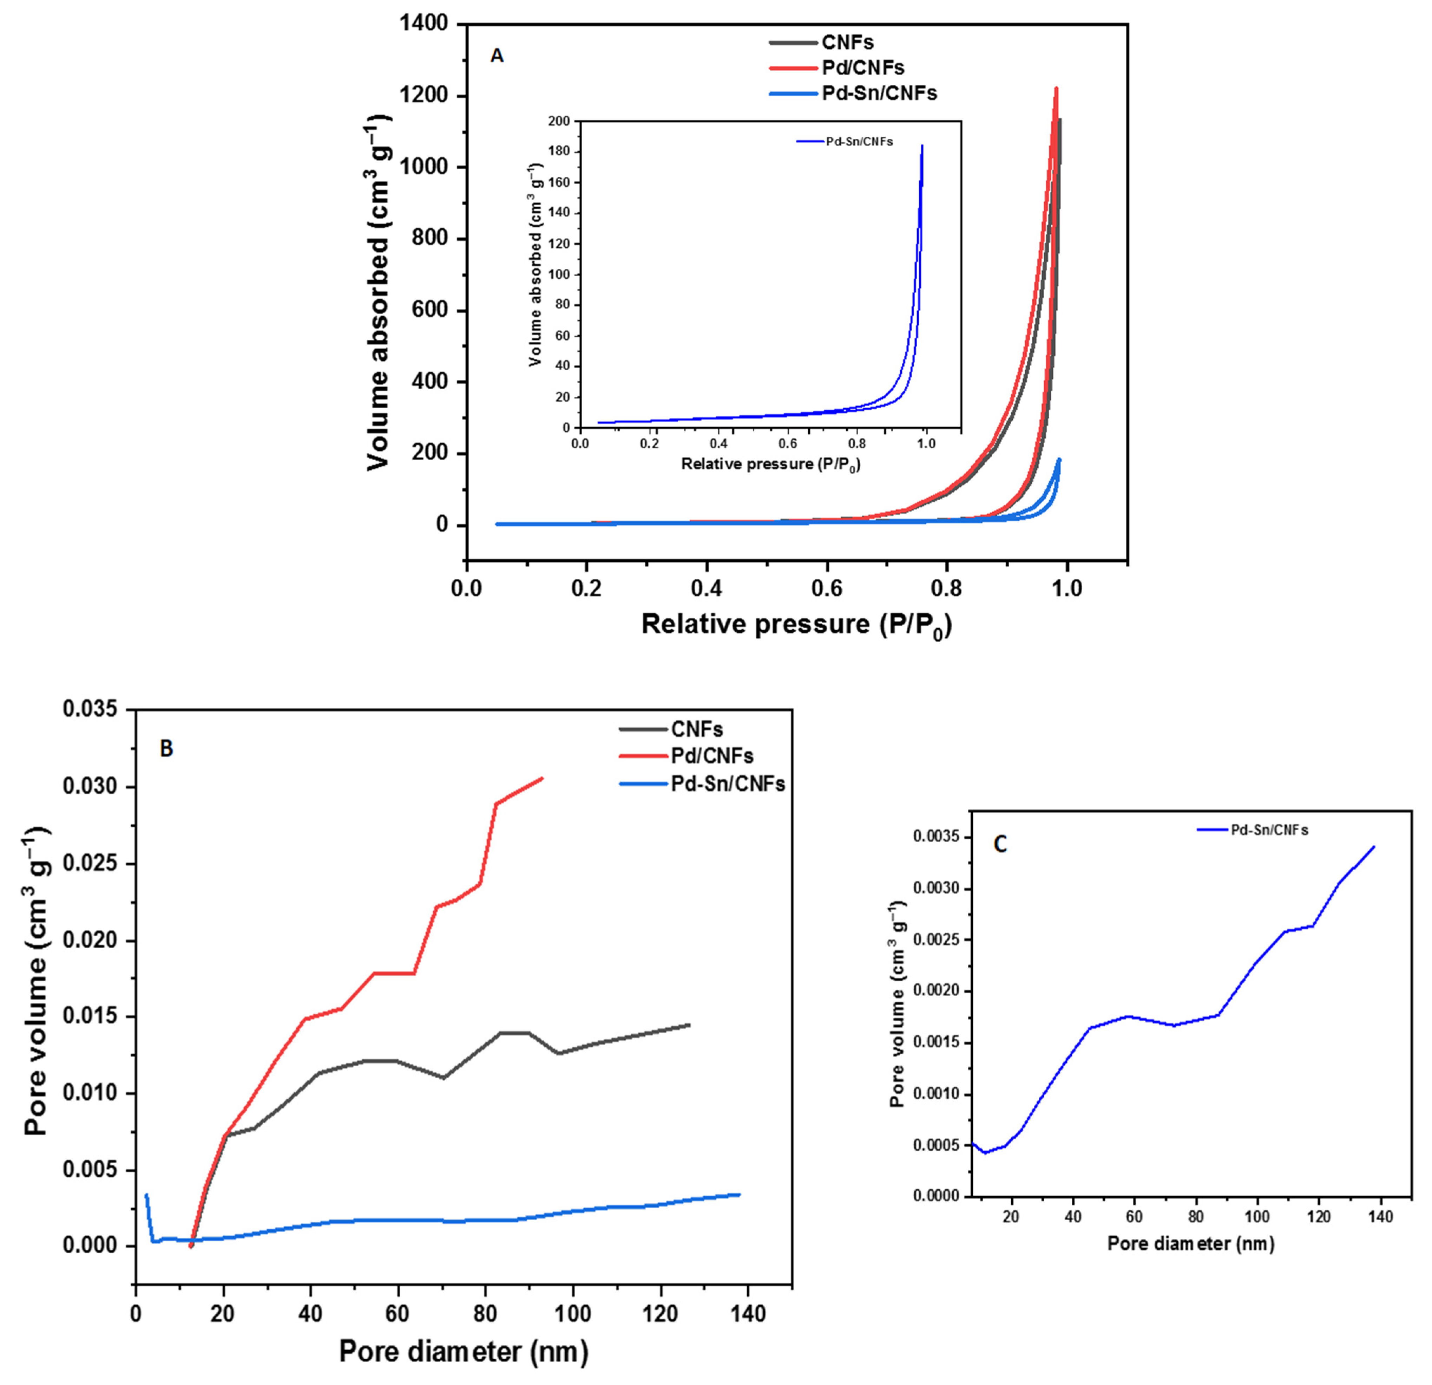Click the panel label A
(497, 56)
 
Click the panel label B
(166, 748)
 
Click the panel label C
(1000, 844)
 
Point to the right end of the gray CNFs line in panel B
(689, 1025)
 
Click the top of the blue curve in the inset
(922, 145)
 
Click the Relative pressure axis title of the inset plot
(770, 464)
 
